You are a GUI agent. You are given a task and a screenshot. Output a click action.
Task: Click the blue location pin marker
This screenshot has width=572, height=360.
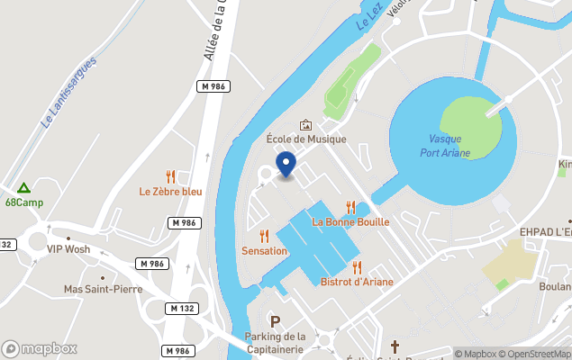tap(286, 165)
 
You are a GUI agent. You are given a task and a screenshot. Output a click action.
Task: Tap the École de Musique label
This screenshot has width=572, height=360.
tap(305, 139)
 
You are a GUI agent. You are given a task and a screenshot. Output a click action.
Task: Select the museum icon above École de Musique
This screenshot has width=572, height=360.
tap(305, 125)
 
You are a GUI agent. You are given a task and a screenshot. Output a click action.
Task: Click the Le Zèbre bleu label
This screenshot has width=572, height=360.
tap(170, 191)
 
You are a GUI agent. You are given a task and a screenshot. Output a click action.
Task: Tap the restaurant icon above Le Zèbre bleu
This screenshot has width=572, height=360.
tap(170, 176)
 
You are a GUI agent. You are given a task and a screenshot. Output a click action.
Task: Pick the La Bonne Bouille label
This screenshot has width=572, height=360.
tap(350, 221)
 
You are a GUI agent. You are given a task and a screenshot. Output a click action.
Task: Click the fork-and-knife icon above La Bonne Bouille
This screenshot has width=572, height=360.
tap(351, 207)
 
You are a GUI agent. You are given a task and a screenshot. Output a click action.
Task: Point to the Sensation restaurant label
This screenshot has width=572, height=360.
tap(264, 250)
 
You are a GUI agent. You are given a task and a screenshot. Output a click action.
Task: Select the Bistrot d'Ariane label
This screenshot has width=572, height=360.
tap(357, 282)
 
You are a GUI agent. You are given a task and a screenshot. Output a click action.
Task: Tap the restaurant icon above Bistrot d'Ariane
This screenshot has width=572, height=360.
tap(358, 266)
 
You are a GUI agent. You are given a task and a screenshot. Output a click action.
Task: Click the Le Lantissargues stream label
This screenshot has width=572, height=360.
tap(69, 90)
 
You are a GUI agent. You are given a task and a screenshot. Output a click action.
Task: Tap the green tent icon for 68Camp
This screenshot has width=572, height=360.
tap(23, 188)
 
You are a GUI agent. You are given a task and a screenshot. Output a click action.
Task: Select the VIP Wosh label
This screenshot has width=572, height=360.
tap(68, 249)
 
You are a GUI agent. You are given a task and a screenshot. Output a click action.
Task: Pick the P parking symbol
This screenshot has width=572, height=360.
tap(276, 321)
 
